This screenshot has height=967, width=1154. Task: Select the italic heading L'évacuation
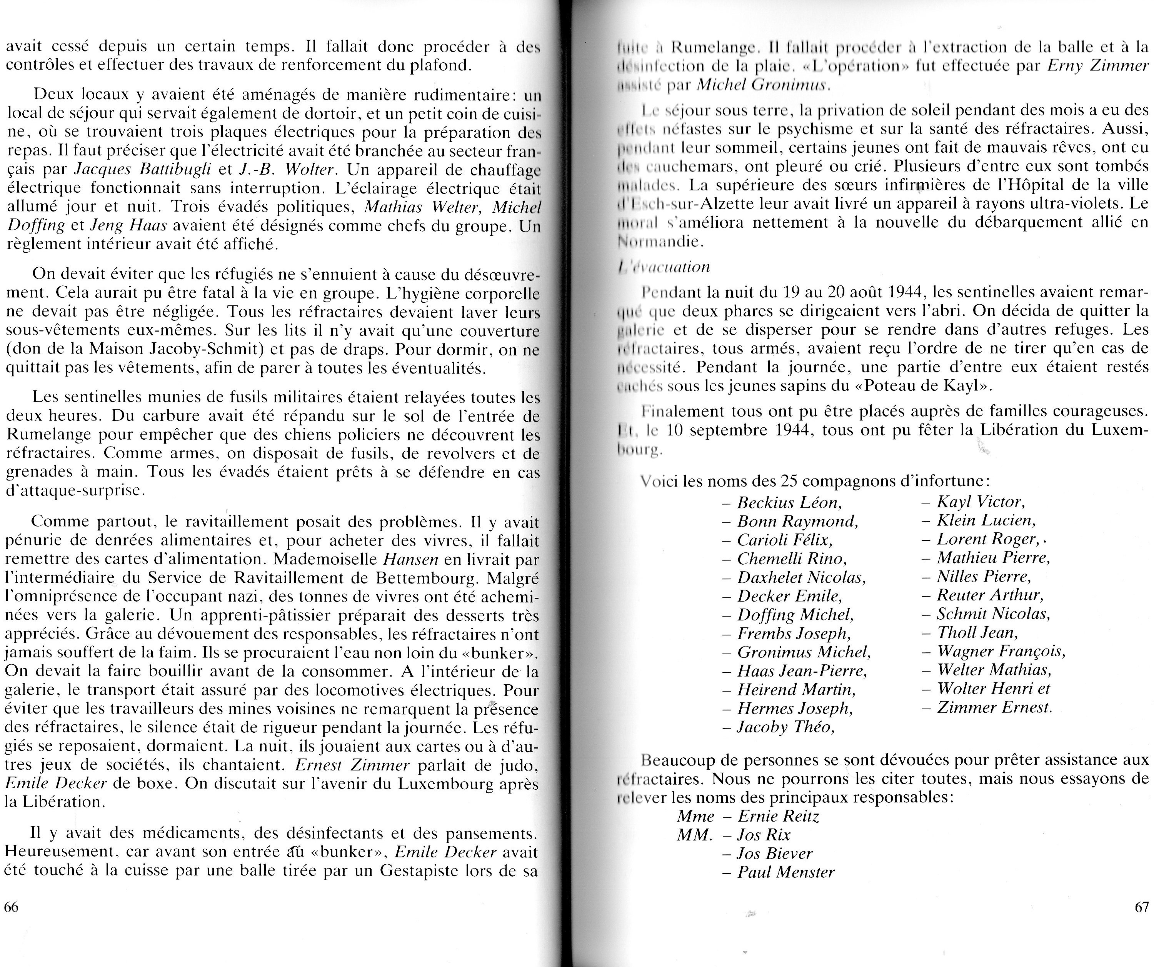(664, 267)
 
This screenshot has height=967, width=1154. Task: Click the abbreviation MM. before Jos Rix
(695, 835)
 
